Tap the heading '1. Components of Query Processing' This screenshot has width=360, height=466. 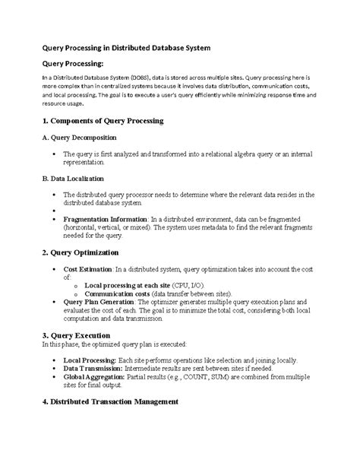[x=103, y=121]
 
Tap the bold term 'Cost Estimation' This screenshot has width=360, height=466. [x=87, y=269]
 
